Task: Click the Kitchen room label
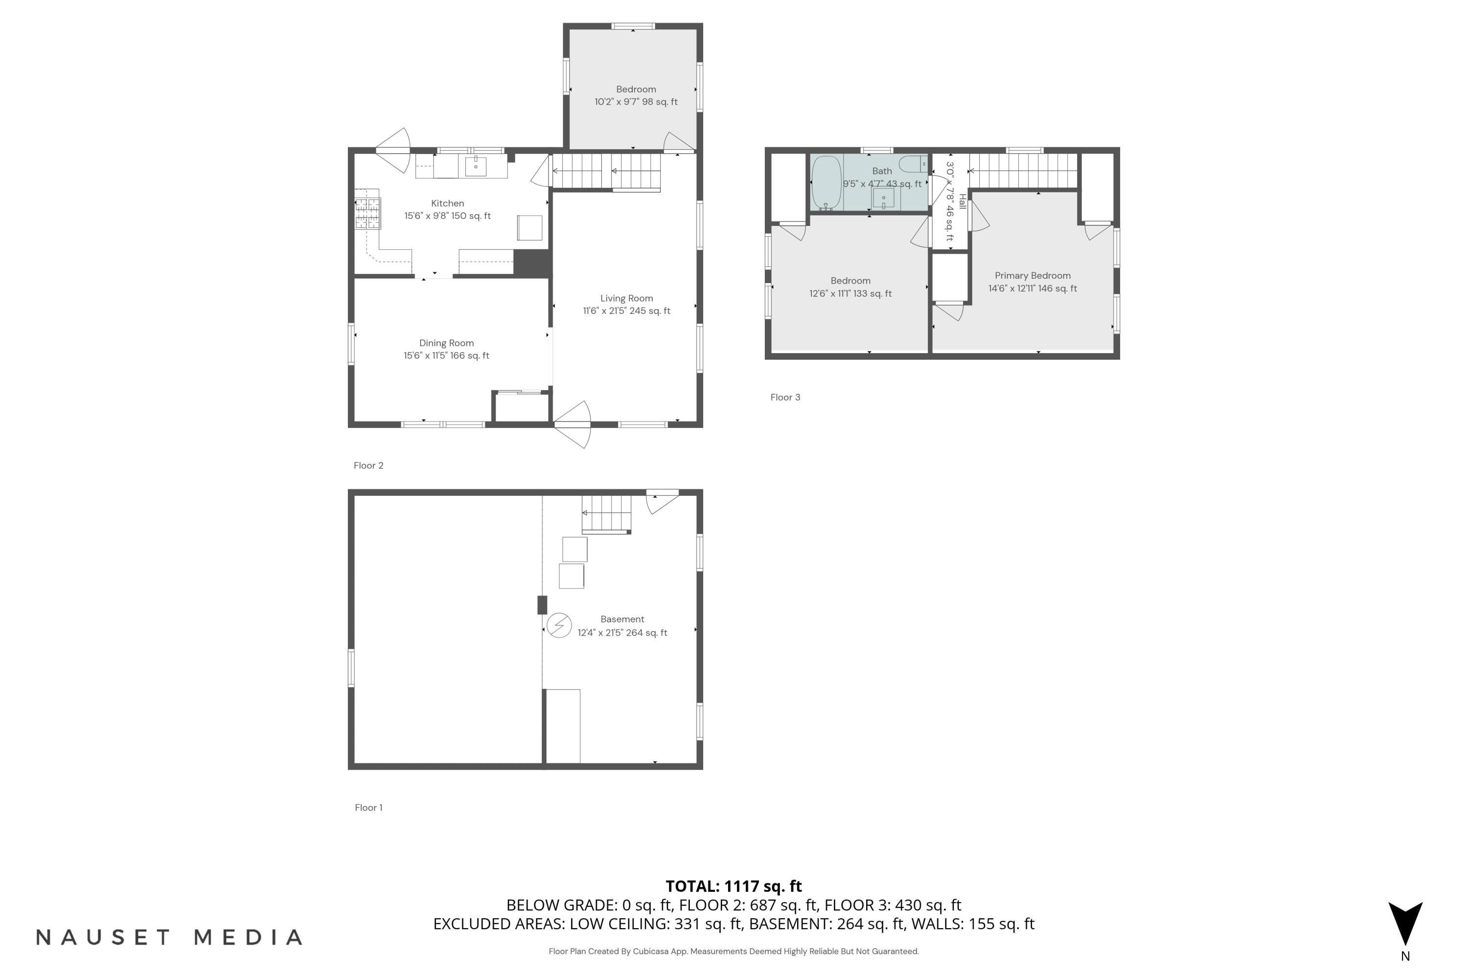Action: [448, 203]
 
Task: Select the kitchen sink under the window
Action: [476, 166]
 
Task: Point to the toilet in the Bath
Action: [915, 164]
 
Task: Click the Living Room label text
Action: [627, 298]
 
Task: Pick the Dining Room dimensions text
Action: [446, 356]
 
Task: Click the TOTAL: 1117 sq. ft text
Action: [734, 886]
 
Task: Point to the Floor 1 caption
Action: [368, 807]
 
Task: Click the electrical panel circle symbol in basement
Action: [559, 625]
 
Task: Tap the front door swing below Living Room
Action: [573, 425]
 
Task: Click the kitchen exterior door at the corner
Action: [393, 150]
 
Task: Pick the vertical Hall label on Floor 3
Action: [963, 201]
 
